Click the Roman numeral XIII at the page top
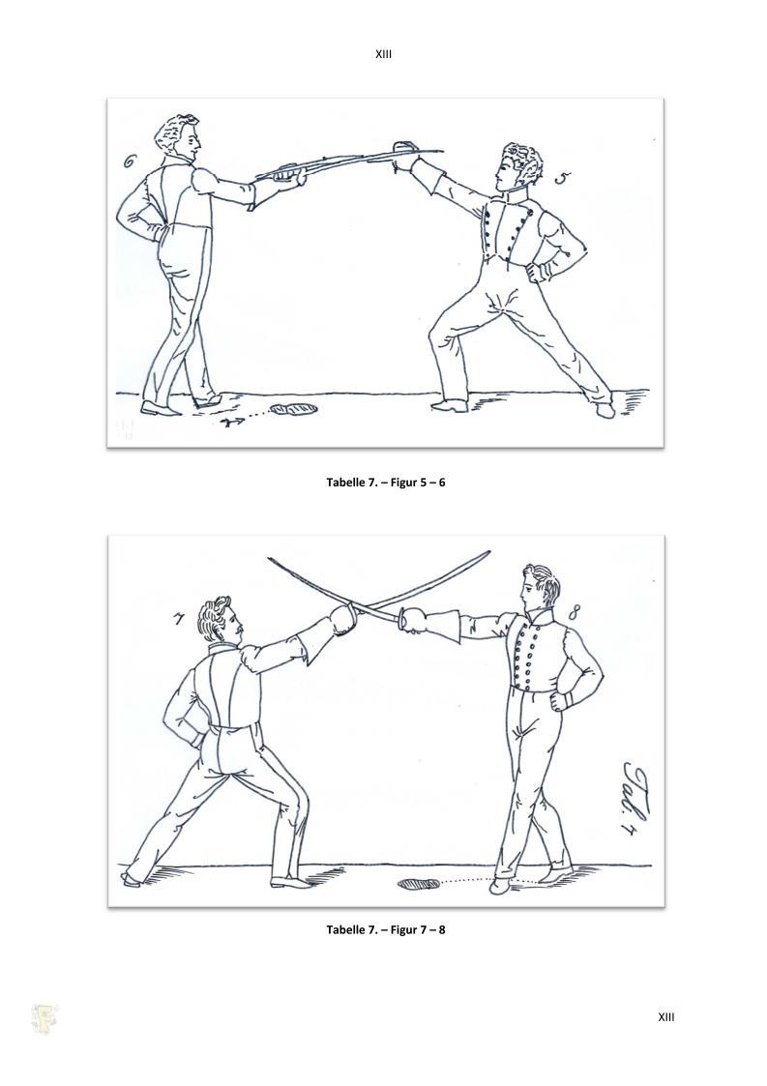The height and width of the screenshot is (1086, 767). tap(383, 53)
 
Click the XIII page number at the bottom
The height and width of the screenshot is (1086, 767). tap(665, 1016)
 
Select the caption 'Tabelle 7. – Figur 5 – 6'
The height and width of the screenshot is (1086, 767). tap(385, 482)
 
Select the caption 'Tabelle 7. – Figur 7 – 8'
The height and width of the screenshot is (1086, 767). tap(385, 929)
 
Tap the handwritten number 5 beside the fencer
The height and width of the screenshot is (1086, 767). tap(563, 179)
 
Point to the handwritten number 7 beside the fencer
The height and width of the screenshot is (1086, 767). tap(180, 616)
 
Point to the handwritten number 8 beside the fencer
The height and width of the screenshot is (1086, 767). tap(575, 611)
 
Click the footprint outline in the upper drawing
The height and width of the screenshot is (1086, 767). tap(294, 410)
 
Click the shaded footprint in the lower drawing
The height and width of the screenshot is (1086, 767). tap(419, 884)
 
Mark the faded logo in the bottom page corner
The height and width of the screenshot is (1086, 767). tap(44, 1019)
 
